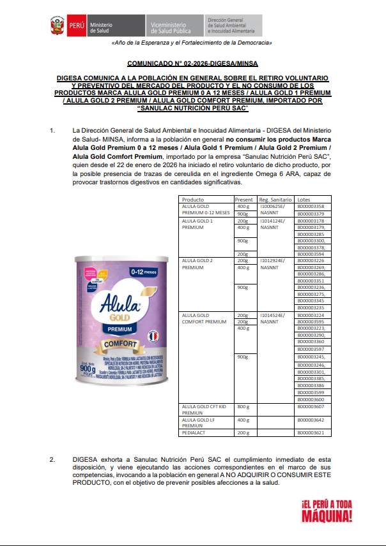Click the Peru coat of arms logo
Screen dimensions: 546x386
click(57, 26)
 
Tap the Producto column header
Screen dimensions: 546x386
click(193, 200)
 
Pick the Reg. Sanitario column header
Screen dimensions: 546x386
click(275, 200)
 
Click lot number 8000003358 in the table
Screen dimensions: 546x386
click(311, 207)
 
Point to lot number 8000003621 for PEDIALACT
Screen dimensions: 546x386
click(311, 432)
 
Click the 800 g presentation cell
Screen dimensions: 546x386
click(243, 406)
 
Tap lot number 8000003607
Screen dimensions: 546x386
click(311, 406)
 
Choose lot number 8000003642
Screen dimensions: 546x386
click(311, 420)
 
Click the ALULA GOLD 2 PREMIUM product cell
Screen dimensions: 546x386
click(197, 264)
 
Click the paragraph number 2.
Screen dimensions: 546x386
click(52, 459)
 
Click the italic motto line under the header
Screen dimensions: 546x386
click(192, 43)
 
